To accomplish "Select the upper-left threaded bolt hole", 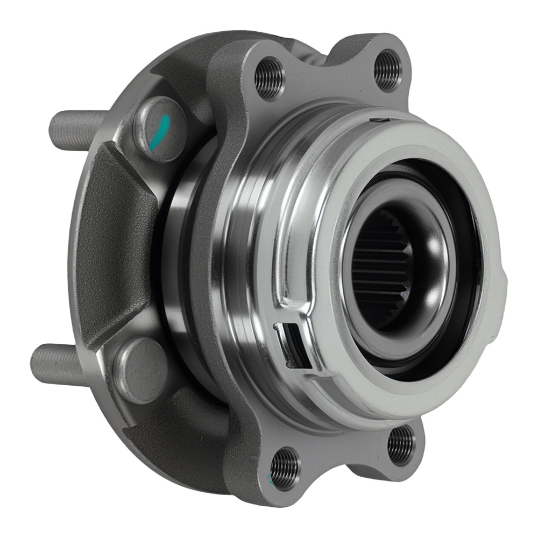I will tap(268, 77).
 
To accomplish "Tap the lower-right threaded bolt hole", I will tap(401, 444).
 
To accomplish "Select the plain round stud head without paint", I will tap(141, 370).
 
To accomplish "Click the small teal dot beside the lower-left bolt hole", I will tap(270, 477).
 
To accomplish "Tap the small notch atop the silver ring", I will tap(383, 119).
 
